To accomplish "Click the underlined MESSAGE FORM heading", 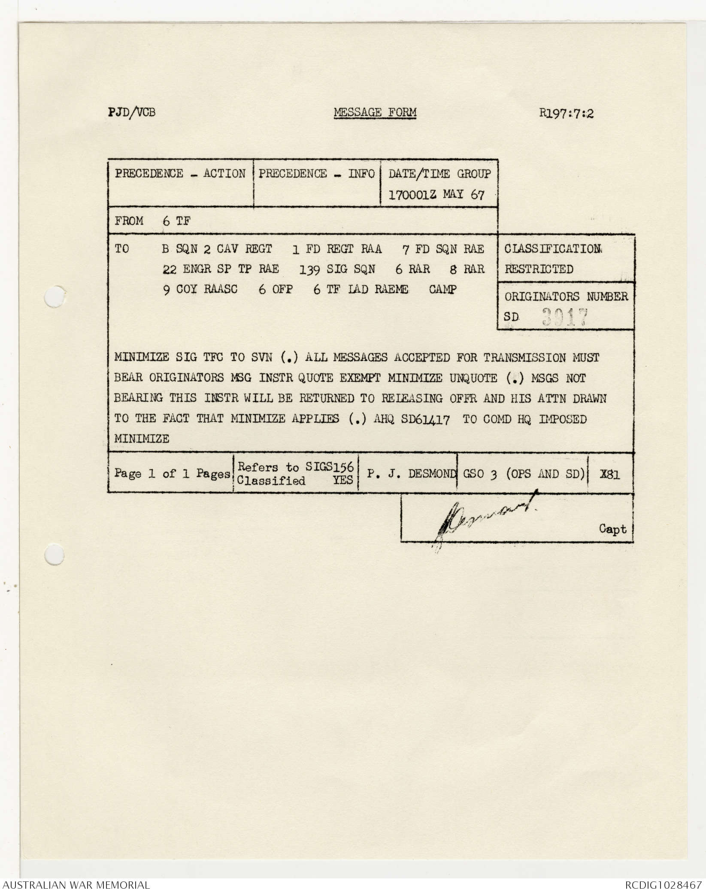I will [x=375, y=113].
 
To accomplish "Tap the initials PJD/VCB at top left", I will [x=132, y=113].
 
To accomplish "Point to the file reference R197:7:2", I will [x=567, y=114].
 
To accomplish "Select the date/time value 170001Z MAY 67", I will [x=436, y=195].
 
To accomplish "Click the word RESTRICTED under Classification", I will [x=539, y=269].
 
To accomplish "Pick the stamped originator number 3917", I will [x=564, y=318].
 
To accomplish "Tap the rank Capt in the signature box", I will [x=612, y=529].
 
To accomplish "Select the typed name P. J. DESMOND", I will [x=411, y=474].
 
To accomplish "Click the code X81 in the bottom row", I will [x=610, y=474].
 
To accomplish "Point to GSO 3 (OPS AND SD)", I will [x=523, y=474].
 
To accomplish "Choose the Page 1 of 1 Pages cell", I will [x=172, y=474].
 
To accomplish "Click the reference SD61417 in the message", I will [x=425, y=419].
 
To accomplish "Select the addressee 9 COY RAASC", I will [x=200, y=290].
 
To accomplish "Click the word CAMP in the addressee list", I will [x=442, y=290].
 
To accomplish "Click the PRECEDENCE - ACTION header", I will [x=180, y=174].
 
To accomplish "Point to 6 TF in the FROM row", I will [x=176, y=221].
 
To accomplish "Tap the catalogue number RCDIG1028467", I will [x=663, y=885].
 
